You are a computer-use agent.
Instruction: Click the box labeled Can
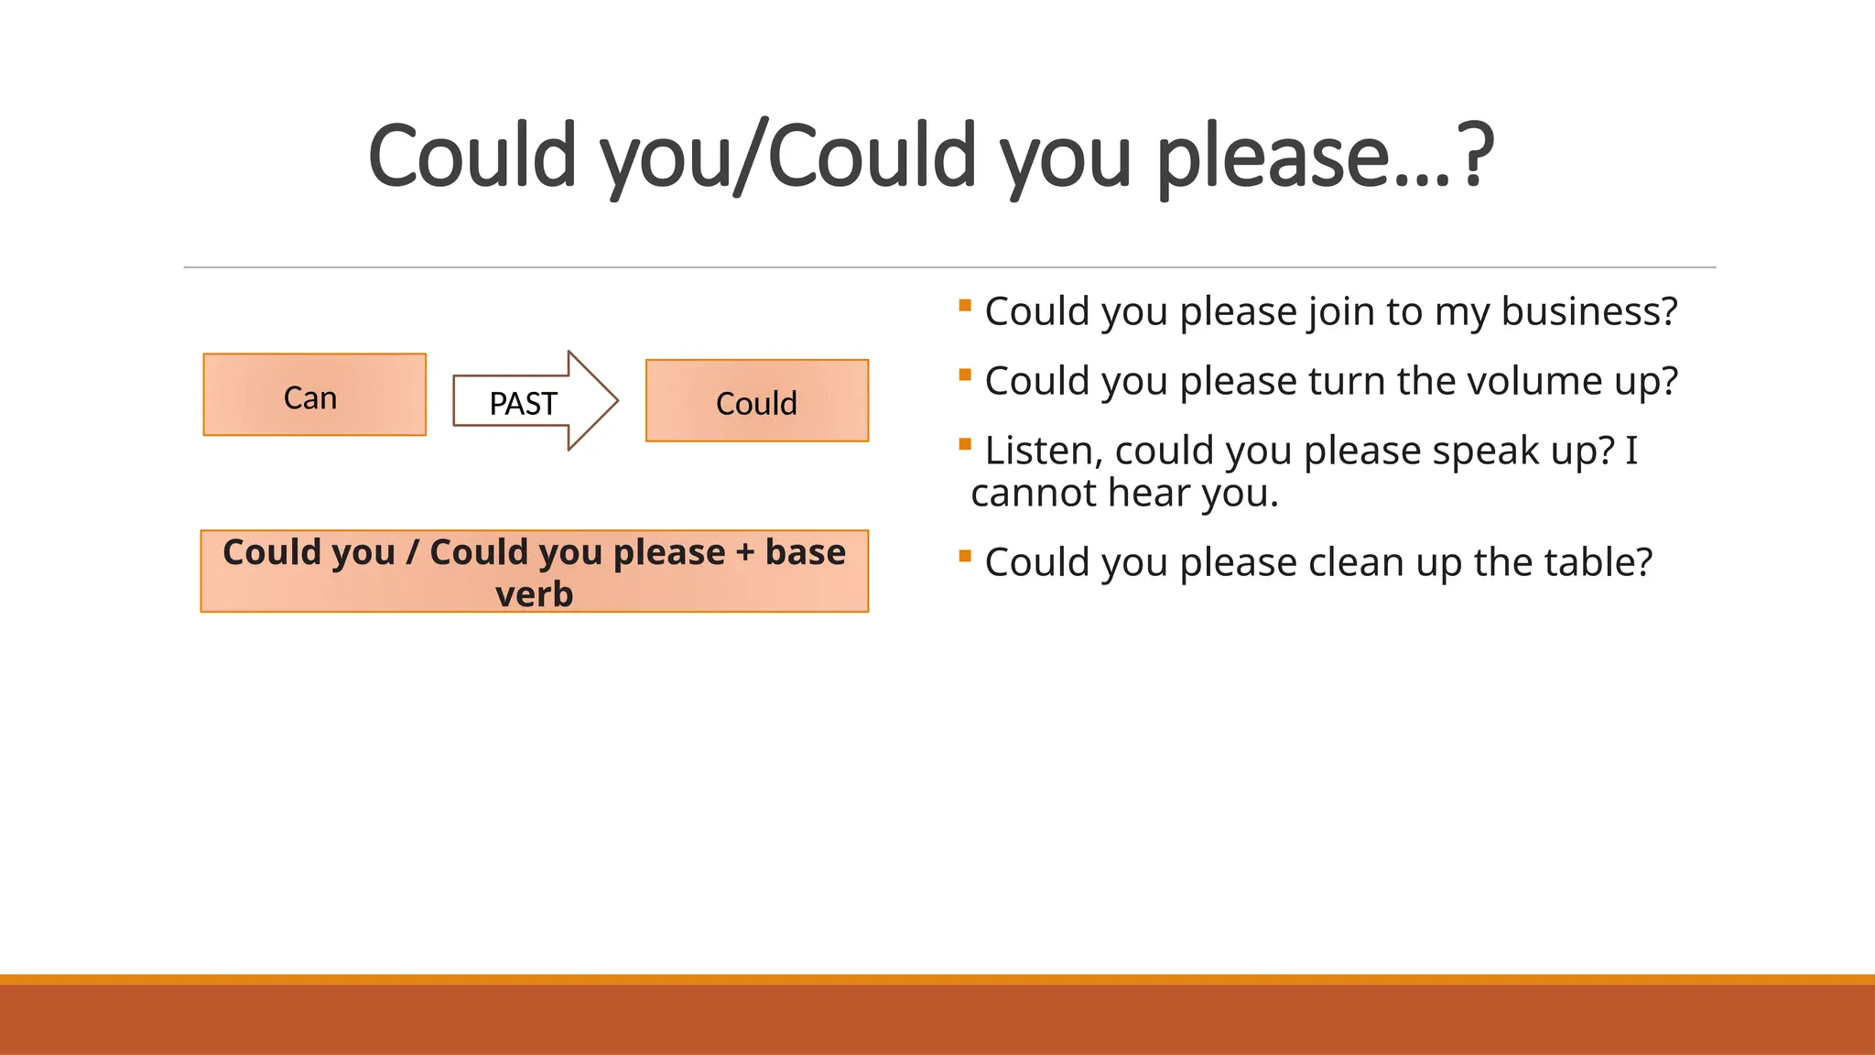pyautogui.click(x=314, y=395)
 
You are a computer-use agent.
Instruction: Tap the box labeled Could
pyautogui.click(x=756, y=401)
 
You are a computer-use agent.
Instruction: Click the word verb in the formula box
pyautogui.click(x=534, y=594)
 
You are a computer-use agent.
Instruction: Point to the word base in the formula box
pyautogui.click(x=805, y=552)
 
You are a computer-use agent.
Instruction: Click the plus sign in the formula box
pyautogui.click(x=744, y=553)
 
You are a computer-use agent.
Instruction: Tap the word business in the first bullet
pyautogui.click(x=1588, y=311)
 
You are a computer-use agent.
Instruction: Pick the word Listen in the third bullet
pyautogui.click(x=1038, y=451)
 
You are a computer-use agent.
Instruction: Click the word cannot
pyautogui.click(x=1033, y=494)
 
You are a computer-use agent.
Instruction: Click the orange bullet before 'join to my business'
pyautogui.click(x=965, y=305)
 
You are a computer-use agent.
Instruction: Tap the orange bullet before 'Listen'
pyautogui.click(x=965, y=444)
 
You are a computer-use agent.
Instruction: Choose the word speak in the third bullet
pyautogui.click(x=1481, y=451)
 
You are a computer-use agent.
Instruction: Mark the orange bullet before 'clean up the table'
pyautogui.click(x=965, y=556)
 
